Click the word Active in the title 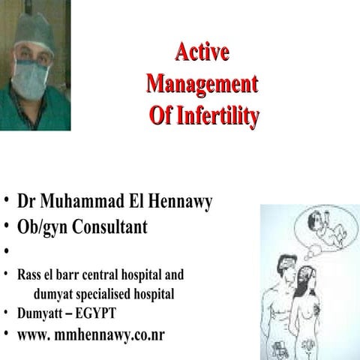tap(202, 52)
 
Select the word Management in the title tap(202, 83)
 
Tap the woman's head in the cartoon tap(307, 277)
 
